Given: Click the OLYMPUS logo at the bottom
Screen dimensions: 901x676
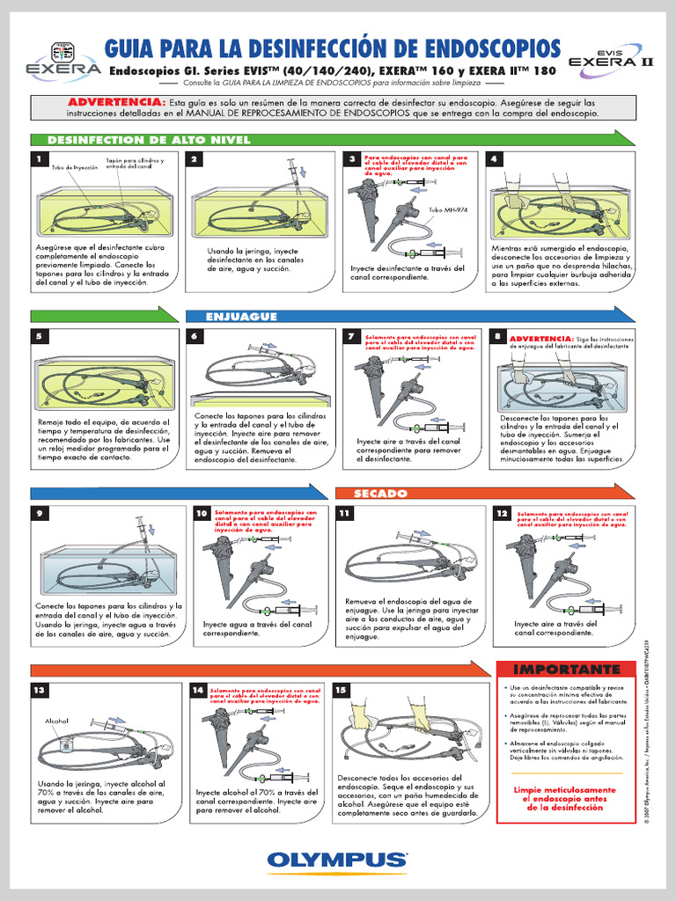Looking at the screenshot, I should [x=338, y=859].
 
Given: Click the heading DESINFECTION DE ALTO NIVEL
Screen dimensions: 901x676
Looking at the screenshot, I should [x=148, y=140].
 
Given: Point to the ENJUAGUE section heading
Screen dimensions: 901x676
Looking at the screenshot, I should [x=241, y=316].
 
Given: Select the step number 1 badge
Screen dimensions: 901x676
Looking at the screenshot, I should [x=39, y=159].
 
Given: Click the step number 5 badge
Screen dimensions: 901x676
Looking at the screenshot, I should [x=39, y=336].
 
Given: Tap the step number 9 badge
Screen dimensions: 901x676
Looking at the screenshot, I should [x=39, y=513].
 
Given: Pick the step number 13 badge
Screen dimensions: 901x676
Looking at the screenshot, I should [x=39, y=691].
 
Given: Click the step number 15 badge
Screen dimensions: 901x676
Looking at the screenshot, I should [x=342, y=691].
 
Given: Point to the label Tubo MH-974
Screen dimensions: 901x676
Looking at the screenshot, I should [x=446, y=210].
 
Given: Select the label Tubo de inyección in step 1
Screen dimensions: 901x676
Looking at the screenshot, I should [x=75, y=167].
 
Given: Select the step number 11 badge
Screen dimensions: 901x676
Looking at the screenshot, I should [x=344, y=513].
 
